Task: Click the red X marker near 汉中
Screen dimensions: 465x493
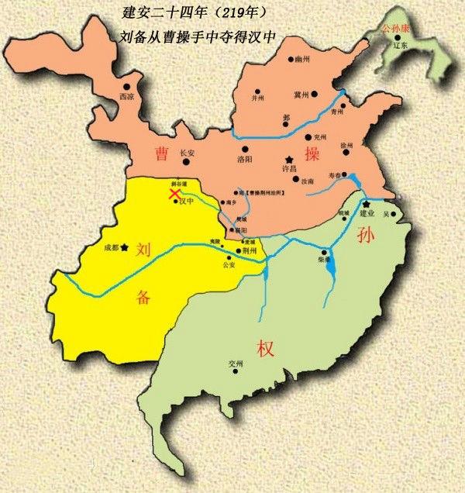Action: click(x=176, y=193)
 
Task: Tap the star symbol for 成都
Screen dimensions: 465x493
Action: click(x=123, y=247)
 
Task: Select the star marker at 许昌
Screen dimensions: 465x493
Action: click(x=290, y=158)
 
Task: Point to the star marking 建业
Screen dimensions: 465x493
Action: click(x=364, y=204)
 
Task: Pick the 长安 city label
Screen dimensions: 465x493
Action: click(x=187, y=153)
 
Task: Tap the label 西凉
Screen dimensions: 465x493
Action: click(x=126, y=97)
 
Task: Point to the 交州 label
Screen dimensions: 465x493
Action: click(x=236, y=363)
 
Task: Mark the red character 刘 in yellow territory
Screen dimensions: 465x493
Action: click(x=142, y=250)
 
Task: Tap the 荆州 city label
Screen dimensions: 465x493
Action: click(x=250, y=252)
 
